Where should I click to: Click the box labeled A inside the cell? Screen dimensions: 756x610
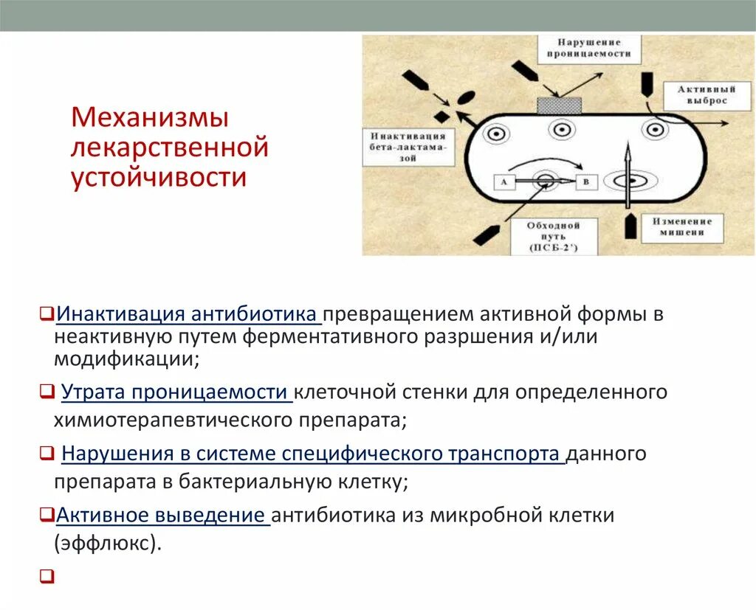pos(504,181)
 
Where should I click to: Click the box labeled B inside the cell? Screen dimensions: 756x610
pos(586,181)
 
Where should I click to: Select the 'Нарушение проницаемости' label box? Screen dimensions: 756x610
pos(588,49)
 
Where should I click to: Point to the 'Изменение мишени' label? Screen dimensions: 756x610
pos(682,227)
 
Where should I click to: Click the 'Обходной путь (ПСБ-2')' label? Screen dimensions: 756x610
pos(553,235)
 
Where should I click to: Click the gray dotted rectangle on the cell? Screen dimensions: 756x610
pos(559,105)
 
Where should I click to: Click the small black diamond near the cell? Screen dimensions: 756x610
pos(441,117)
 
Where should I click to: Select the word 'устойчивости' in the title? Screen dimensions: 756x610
pos(159,178)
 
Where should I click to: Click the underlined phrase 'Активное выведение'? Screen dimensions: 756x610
pos(162,515)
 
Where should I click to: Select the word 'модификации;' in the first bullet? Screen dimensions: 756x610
pos(126,359)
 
